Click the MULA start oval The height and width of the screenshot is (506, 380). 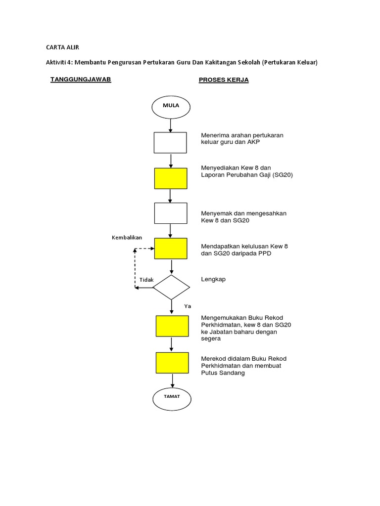[171, 106]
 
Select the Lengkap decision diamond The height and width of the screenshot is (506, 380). [171, 287]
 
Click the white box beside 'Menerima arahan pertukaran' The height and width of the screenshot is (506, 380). [170, 143]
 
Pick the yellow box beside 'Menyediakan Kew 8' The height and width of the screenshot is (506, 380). [171, 178]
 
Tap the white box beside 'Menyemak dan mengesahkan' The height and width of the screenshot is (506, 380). [171, 213]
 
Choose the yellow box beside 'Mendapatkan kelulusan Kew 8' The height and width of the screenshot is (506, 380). [171, 249]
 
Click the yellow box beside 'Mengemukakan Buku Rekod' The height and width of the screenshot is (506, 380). [172, 326]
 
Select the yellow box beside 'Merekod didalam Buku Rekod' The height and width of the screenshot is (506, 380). [172, 363]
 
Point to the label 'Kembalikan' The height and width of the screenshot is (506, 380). [127, 238]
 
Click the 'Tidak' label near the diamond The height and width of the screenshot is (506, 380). [146, 280]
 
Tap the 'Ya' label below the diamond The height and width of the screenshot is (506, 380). [188, 306]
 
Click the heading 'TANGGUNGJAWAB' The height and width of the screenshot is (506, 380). [81, 80]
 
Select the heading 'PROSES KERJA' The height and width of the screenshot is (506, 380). [224, 80]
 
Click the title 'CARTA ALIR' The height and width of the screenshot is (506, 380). [62, 47]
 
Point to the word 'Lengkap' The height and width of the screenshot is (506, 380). [213, 279]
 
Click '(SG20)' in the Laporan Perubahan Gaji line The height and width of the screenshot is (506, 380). [283, 175]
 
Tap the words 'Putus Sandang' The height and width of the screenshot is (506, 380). [223, 373]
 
